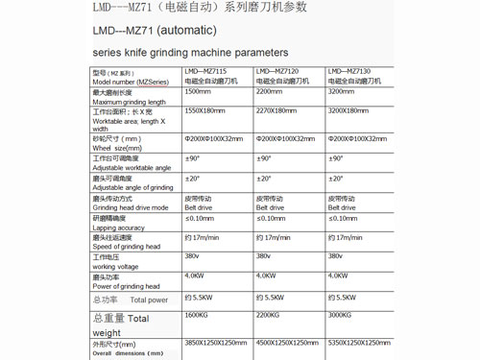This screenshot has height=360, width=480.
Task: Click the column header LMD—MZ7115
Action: point(207,71)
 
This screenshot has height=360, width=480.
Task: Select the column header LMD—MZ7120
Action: point(278,71)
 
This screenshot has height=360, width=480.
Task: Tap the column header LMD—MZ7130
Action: point(350,71)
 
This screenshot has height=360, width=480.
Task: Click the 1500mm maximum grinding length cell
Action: point(198,91)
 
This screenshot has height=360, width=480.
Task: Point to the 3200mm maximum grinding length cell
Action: point(342,91)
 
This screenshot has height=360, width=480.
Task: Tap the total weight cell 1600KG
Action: point(196,315)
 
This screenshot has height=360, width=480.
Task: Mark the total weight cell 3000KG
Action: point(341,315)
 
